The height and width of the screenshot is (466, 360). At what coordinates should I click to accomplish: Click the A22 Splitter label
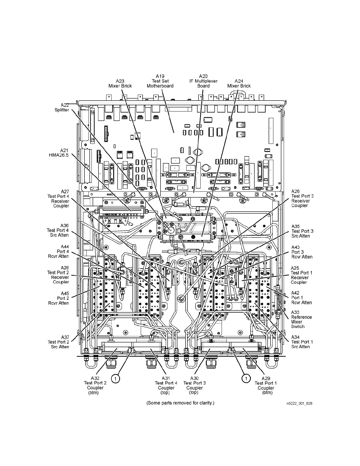point(62,107)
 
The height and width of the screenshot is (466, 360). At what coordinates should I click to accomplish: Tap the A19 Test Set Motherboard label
point(160,81)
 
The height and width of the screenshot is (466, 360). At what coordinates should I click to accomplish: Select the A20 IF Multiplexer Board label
point(203,81)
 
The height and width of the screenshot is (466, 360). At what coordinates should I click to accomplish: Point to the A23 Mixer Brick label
point(120,83)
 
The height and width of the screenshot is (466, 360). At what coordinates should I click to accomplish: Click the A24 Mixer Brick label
point(239,83)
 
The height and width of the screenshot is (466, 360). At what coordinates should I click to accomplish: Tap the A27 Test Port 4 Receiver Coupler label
point(58,199)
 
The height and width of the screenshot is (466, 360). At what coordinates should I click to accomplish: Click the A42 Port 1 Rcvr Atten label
point(301,297)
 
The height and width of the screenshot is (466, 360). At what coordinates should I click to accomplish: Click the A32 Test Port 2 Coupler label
point(95,385)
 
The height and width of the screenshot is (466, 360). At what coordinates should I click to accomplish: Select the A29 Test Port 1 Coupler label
point(266,385)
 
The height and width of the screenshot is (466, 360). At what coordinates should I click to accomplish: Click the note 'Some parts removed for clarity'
point(180,403)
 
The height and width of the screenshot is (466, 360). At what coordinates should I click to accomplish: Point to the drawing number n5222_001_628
point(299,403)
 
